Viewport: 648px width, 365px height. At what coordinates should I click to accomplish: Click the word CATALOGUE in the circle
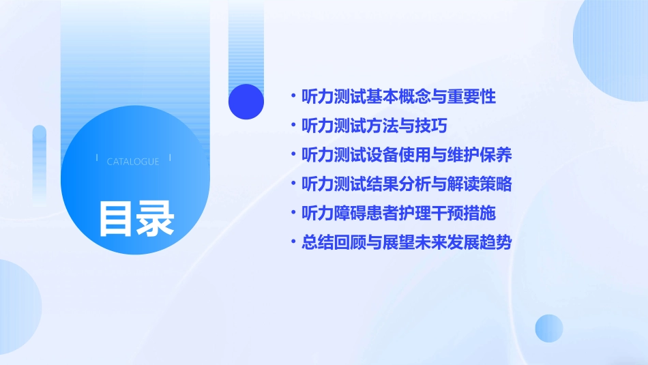click(133, 162)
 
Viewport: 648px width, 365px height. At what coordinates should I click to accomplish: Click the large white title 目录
click(136, 218)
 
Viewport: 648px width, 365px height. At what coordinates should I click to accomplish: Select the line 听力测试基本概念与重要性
click(398, 97)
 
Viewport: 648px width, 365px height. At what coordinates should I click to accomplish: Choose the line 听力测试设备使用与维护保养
click(407, 155)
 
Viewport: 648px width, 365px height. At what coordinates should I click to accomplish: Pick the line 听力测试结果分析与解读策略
click(407, 184)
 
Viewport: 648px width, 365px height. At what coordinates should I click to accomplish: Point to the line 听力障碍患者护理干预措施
click(398, 213)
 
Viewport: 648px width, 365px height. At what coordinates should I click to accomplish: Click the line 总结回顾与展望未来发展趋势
click(407, 242)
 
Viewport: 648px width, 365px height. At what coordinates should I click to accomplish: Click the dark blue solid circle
click(246, 102)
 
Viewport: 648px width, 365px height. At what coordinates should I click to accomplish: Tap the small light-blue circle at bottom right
click(549, 328)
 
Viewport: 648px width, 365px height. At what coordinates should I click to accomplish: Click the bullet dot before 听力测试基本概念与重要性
click(293, 97)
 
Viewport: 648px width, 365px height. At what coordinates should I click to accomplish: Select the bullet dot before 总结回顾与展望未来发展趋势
click(293, 242)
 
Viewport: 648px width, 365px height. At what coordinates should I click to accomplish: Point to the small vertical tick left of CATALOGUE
click(97, 158)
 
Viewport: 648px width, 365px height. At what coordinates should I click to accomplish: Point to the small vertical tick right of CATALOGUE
click(170, 158)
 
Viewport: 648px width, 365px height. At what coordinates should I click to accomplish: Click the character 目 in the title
click(117, 218)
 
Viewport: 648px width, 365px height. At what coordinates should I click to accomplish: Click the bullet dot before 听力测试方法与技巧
click(293, 126)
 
